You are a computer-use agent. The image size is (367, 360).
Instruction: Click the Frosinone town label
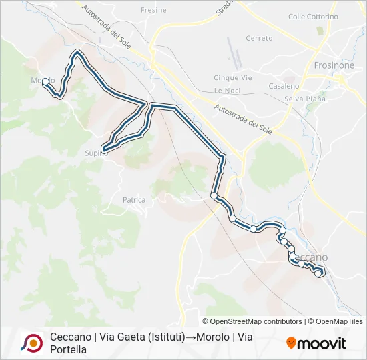[334, 66]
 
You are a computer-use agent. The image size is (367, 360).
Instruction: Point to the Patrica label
[134, 199]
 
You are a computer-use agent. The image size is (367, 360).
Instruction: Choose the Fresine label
[154, 11]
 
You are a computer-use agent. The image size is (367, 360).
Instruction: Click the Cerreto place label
[259, 39]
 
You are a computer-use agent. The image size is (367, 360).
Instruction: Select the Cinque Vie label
[232, 78]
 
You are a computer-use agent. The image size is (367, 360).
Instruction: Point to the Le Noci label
[227, 90]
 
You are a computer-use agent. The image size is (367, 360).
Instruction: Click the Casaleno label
[283, 87]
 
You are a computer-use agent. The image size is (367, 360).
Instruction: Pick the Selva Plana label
[302, 99]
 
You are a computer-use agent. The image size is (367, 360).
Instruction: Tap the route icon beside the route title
[31, 343]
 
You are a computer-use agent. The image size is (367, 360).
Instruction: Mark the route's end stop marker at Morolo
[45, 81]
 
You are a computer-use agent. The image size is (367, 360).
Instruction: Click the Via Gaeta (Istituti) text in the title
[142, 337]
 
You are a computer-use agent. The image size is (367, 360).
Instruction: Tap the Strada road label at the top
[226, 10]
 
